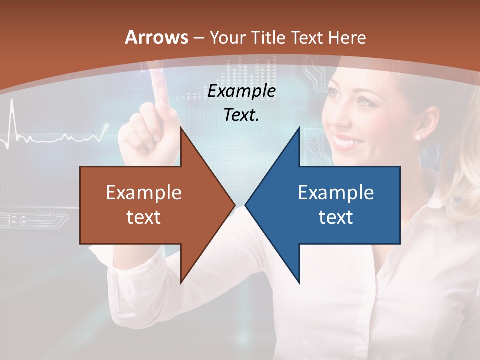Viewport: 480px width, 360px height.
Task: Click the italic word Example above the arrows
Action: (241, 91)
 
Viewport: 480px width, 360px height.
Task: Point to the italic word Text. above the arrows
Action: (241, 115)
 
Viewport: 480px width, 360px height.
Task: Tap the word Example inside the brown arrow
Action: (144, 192)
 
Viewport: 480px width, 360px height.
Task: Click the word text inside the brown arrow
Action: (144, 217)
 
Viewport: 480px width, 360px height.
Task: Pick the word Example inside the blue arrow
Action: (336, 192)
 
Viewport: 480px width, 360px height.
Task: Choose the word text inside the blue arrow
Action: (336, 217)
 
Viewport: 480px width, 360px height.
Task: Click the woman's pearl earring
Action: (418, 136)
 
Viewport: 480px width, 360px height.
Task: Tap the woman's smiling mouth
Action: (345, 141)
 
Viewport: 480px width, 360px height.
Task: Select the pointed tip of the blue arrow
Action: (246, 205)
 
